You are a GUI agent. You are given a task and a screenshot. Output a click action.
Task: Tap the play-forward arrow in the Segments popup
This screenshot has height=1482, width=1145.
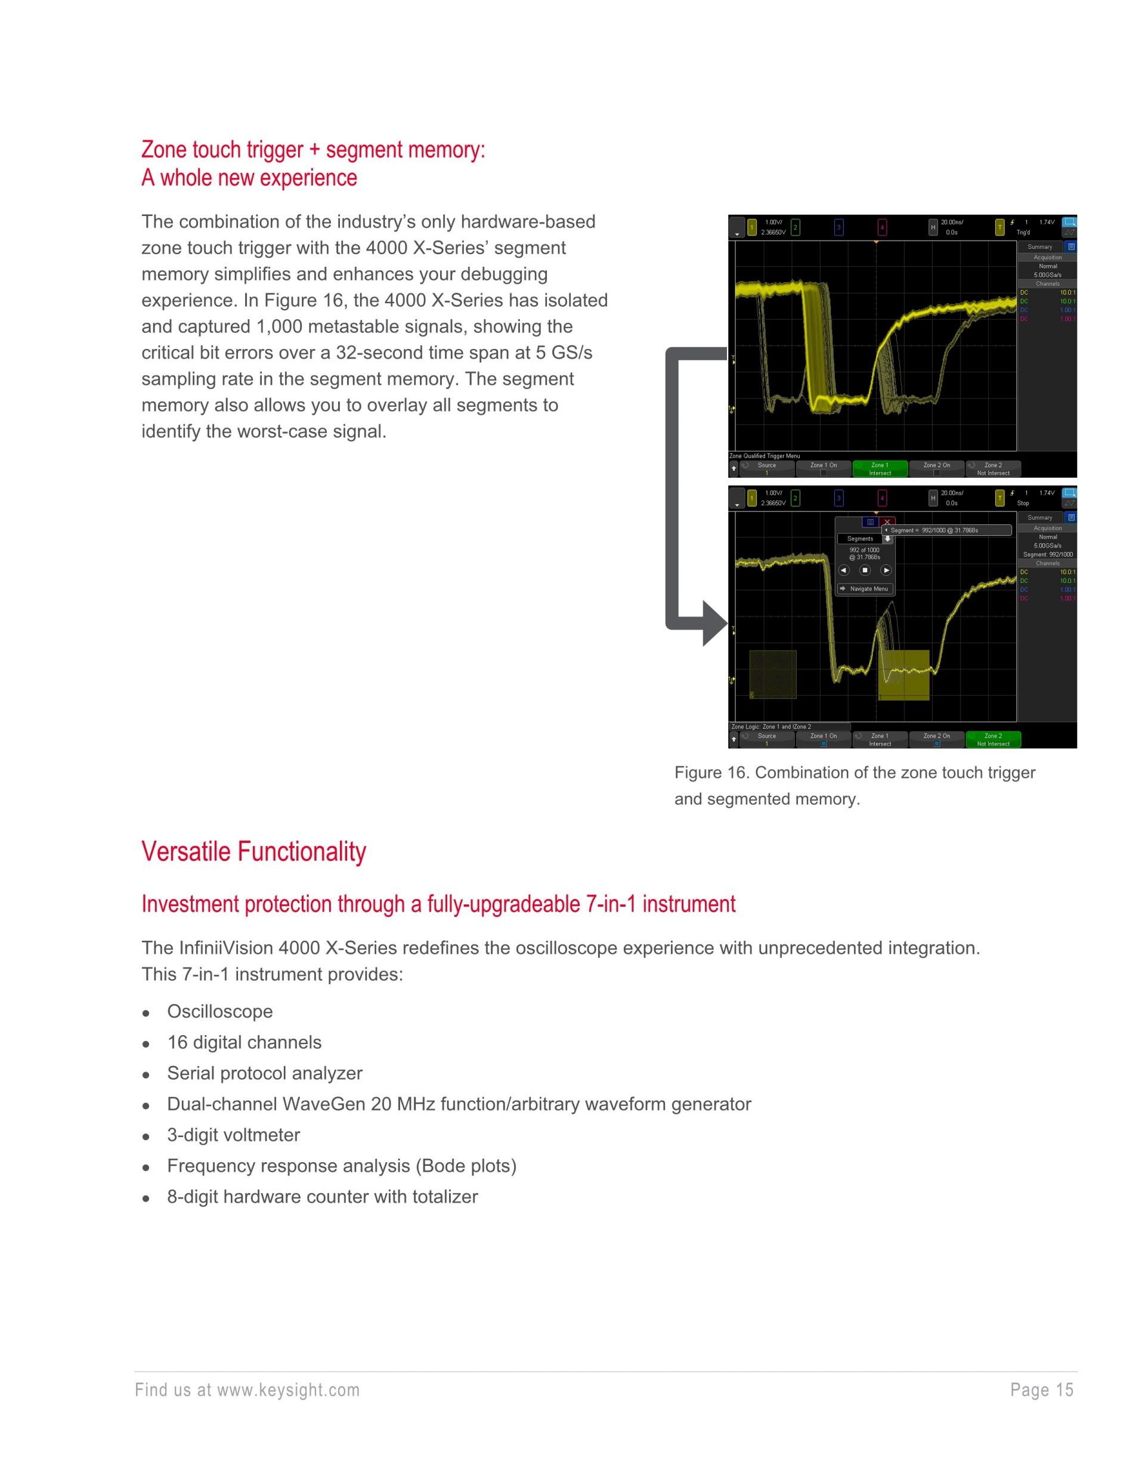click(x=886, y=570)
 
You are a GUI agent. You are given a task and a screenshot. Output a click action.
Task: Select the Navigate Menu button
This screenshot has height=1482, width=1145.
click(x=865, y=588)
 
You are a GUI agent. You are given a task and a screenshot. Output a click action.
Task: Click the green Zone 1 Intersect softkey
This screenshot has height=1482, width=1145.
click(x=880, y=469)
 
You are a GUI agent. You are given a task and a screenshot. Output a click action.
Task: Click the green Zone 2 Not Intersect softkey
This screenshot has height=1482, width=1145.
click(x=993, y=740)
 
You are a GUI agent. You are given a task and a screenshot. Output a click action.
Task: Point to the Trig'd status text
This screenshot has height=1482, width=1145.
click(x=1023, y=233)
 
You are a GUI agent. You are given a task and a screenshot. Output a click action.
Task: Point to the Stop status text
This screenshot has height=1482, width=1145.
click(x=1023, y=504)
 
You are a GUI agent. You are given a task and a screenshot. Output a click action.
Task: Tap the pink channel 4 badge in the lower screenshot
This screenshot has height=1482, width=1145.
click(x=882, y=498)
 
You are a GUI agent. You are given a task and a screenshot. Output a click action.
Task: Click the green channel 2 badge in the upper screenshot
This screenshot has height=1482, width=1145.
click(x=795, y=227)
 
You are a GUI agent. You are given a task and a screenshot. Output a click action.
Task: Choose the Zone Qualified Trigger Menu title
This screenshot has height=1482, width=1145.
click(x=765, y=456)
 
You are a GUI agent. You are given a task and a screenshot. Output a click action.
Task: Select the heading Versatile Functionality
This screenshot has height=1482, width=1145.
click(x=253, y=851)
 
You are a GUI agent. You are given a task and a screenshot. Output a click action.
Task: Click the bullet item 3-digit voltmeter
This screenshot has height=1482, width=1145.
click(x=233, y=1135)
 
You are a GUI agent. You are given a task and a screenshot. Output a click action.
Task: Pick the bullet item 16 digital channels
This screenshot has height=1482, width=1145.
click(x=244, y=1042)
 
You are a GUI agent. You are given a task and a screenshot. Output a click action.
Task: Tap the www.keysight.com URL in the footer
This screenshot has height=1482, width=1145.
click(x=288, y=1390)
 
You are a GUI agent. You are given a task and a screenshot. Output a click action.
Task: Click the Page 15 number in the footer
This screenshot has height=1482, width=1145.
click(x=1042, y=1390)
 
